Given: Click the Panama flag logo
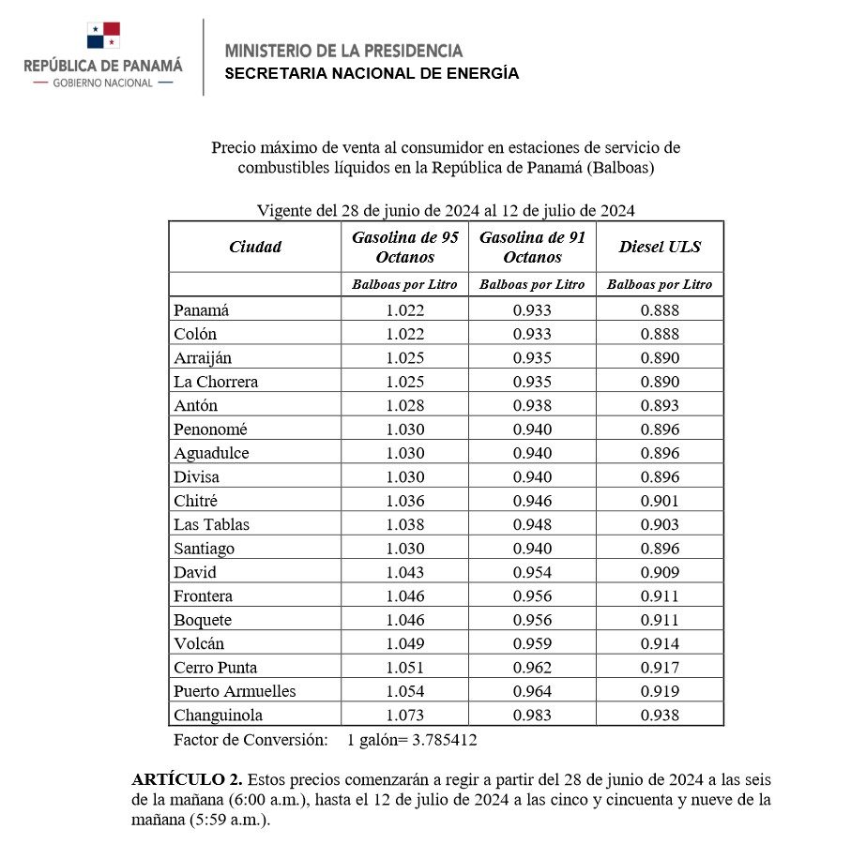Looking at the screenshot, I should [103, 36].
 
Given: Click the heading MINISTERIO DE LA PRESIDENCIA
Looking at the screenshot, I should [343, 51].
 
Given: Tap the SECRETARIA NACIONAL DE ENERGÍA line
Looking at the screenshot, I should [372, 74].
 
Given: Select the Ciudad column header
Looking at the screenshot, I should [255, 248].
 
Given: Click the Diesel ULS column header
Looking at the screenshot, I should [660, 248].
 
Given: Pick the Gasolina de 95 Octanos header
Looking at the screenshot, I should [404, 248].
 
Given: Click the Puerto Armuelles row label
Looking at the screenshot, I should [235, 691].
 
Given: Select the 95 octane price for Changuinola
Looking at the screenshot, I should [404, 716].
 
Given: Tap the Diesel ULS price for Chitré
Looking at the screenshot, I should [660, 501].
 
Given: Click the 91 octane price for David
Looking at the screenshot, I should [532, 572].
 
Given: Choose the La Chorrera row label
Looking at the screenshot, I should [216, 382].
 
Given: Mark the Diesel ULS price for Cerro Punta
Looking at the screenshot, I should [660, 668].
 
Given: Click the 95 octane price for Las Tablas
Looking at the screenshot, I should [404, 524].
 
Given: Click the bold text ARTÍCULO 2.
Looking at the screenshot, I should [187, 780].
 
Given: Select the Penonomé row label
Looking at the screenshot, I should [211, 430].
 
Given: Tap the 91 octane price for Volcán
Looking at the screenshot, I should [532, 643].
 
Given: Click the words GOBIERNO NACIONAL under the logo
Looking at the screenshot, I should [103, 83].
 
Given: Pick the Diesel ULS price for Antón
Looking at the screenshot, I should [660, 405].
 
